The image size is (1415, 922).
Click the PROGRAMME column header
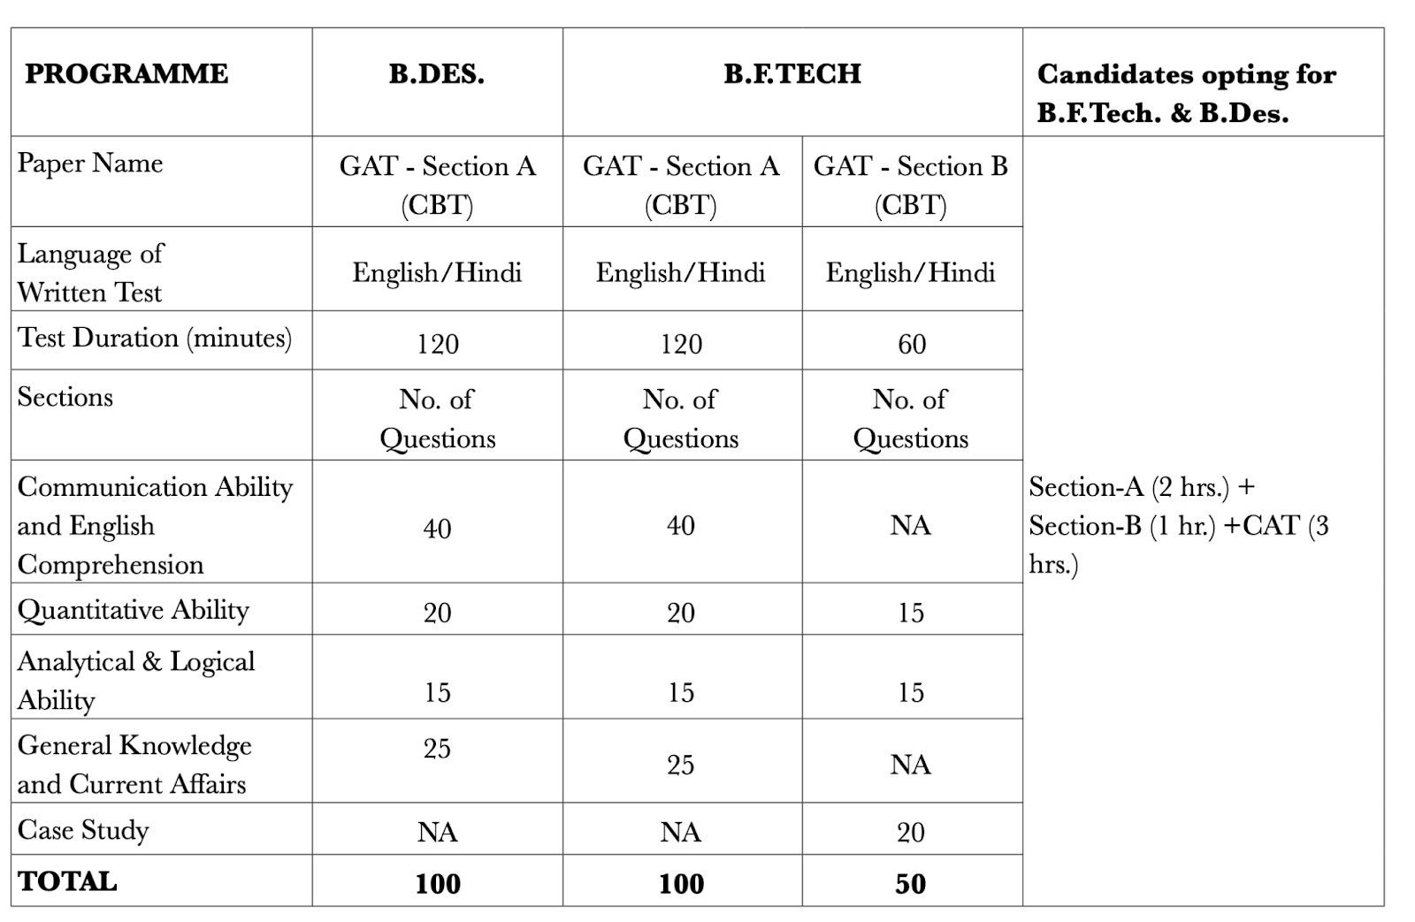[126, 73]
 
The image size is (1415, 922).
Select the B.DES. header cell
[437, 73]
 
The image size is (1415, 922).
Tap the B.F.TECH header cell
[792, 73]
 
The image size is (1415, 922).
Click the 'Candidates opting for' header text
[1186, 74]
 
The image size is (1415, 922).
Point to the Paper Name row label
[90, 164]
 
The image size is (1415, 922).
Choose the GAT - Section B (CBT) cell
[911, 185]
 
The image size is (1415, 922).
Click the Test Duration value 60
[912, 344]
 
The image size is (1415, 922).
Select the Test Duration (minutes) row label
[155, 338]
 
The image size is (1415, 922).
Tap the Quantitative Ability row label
[134, 610]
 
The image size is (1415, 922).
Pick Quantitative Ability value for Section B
[911, 613]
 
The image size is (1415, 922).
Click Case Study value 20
[911, 832]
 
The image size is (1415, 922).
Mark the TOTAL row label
[68, 881]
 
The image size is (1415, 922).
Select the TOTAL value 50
[911, 884]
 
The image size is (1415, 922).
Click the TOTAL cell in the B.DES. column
[438, 884]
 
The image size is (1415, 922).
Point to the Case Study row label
[83, 830]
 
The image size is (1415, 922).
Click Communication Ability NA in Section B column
[911, 525]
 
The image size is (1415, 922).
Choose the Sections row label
[65, 397]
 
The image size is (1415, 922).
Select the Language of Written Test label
[90, 272]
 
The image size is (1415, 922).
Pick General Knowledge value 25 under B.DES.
[437, 749]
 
